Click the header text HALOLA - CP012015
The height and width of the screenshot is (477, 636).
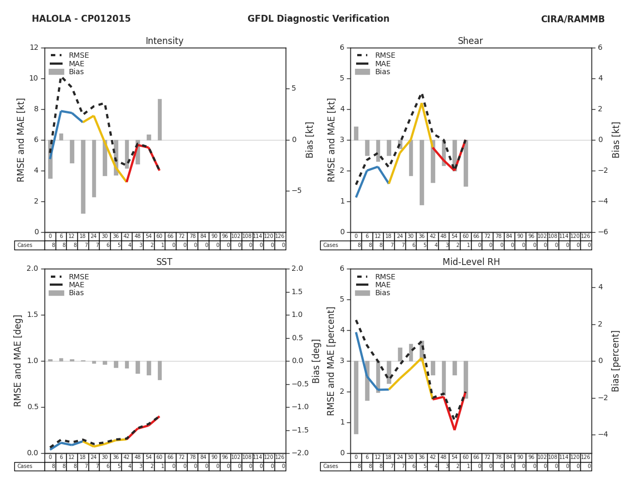[x=81, y=19]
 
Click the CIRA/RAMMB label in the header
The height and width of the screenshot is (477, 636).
[x=572, y=19]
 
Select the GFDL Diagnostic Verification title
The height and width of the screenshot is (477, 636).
[x=318, y=19]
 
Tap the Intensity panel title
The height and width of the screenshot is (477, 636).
[x=164, y=41]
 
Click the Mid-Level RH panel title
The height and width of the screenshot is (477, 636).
[x=471, y=262]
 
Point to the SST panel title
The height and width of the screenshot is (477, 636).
[x=164, y=262]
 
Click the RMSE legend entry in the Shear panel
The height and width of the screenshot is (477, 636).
[x=385, y=56]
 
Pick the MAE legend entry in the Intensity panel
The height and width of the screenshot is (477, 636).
[x=76, y=64]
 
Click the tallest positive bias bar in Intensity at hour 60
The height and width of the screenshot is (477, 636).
[x=160, y=119]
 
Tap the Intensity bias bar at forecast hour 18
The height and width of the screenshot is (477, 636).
[x=83, y=176]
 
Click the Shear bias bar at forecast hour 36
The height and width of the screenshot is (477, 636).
[x=422, y=172]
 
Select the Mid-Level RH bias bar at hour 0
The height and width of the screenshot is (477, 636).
[x=356, y=397]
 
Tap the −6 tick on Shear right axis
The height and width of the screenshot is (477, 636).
[x=602, y=232]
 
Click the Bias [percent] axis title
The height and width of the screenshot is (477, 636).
[x=616, y=361]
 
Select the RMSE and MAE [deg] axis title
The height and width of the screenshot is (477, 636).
[x=19, y=361]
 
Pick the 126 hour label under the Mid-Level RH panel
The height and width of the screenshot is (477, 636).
[x=586, y=457]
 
